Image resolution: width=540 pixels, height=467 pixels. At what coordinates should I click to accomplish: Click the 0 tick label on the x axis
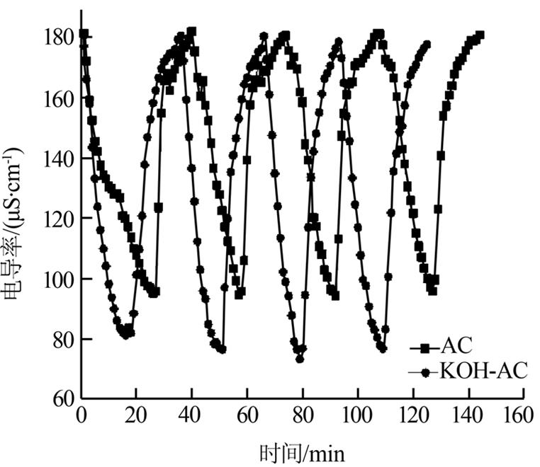82,415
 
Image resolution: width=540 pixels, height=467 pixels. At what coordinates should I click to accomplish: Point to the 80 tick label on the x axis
302,415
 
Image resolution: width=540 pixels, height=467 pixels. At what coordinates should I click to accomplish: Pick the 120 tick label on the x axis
412,415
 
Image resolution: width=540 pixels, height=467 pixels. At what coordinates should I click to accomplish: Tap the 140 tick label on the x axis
467,415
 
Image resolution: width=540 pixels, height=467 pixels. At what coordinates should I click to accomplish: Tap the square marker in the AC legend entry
424,347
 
